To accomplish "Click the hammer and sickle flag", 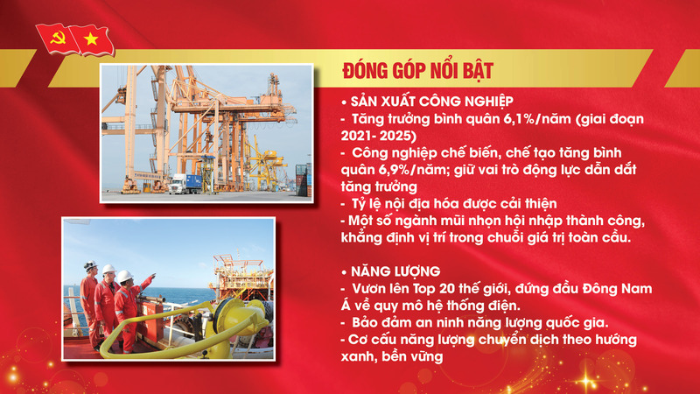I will pyautogui.click(x=53, y=38).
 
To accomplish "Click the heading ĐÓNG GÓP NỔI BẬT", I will pyautogui.click(x=407, y=69).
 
